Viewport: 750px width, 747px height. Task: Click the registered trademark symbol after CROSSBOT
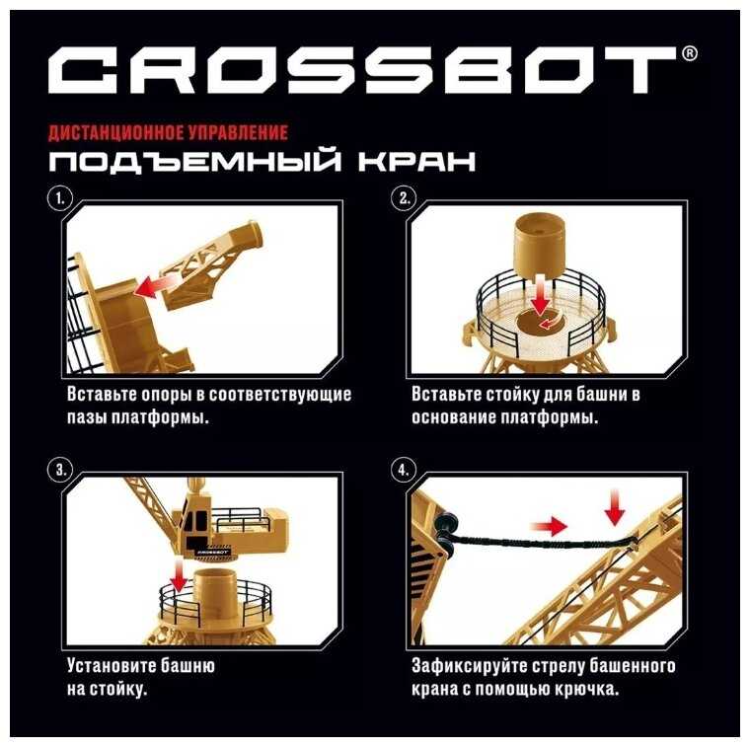click(x=689, y=53)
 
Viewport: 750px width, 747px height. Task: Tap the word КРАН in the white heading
click(x=416, y=161)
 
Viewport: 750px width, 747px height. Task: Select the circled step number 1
click(x=60, y=198)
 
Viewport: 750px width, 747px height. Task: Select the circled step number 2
click(x=405, y=198)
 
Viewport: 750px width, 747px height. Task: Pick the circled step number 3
click(x=60, y=470)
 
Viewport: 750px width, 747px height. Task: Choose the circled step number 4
click(x=404, y=470)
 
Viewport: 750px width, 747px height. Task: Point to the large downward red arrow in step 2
click(x=541, y=296)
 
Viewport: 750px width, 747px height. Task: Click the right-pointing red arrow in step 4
click(x=549, y=527)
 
